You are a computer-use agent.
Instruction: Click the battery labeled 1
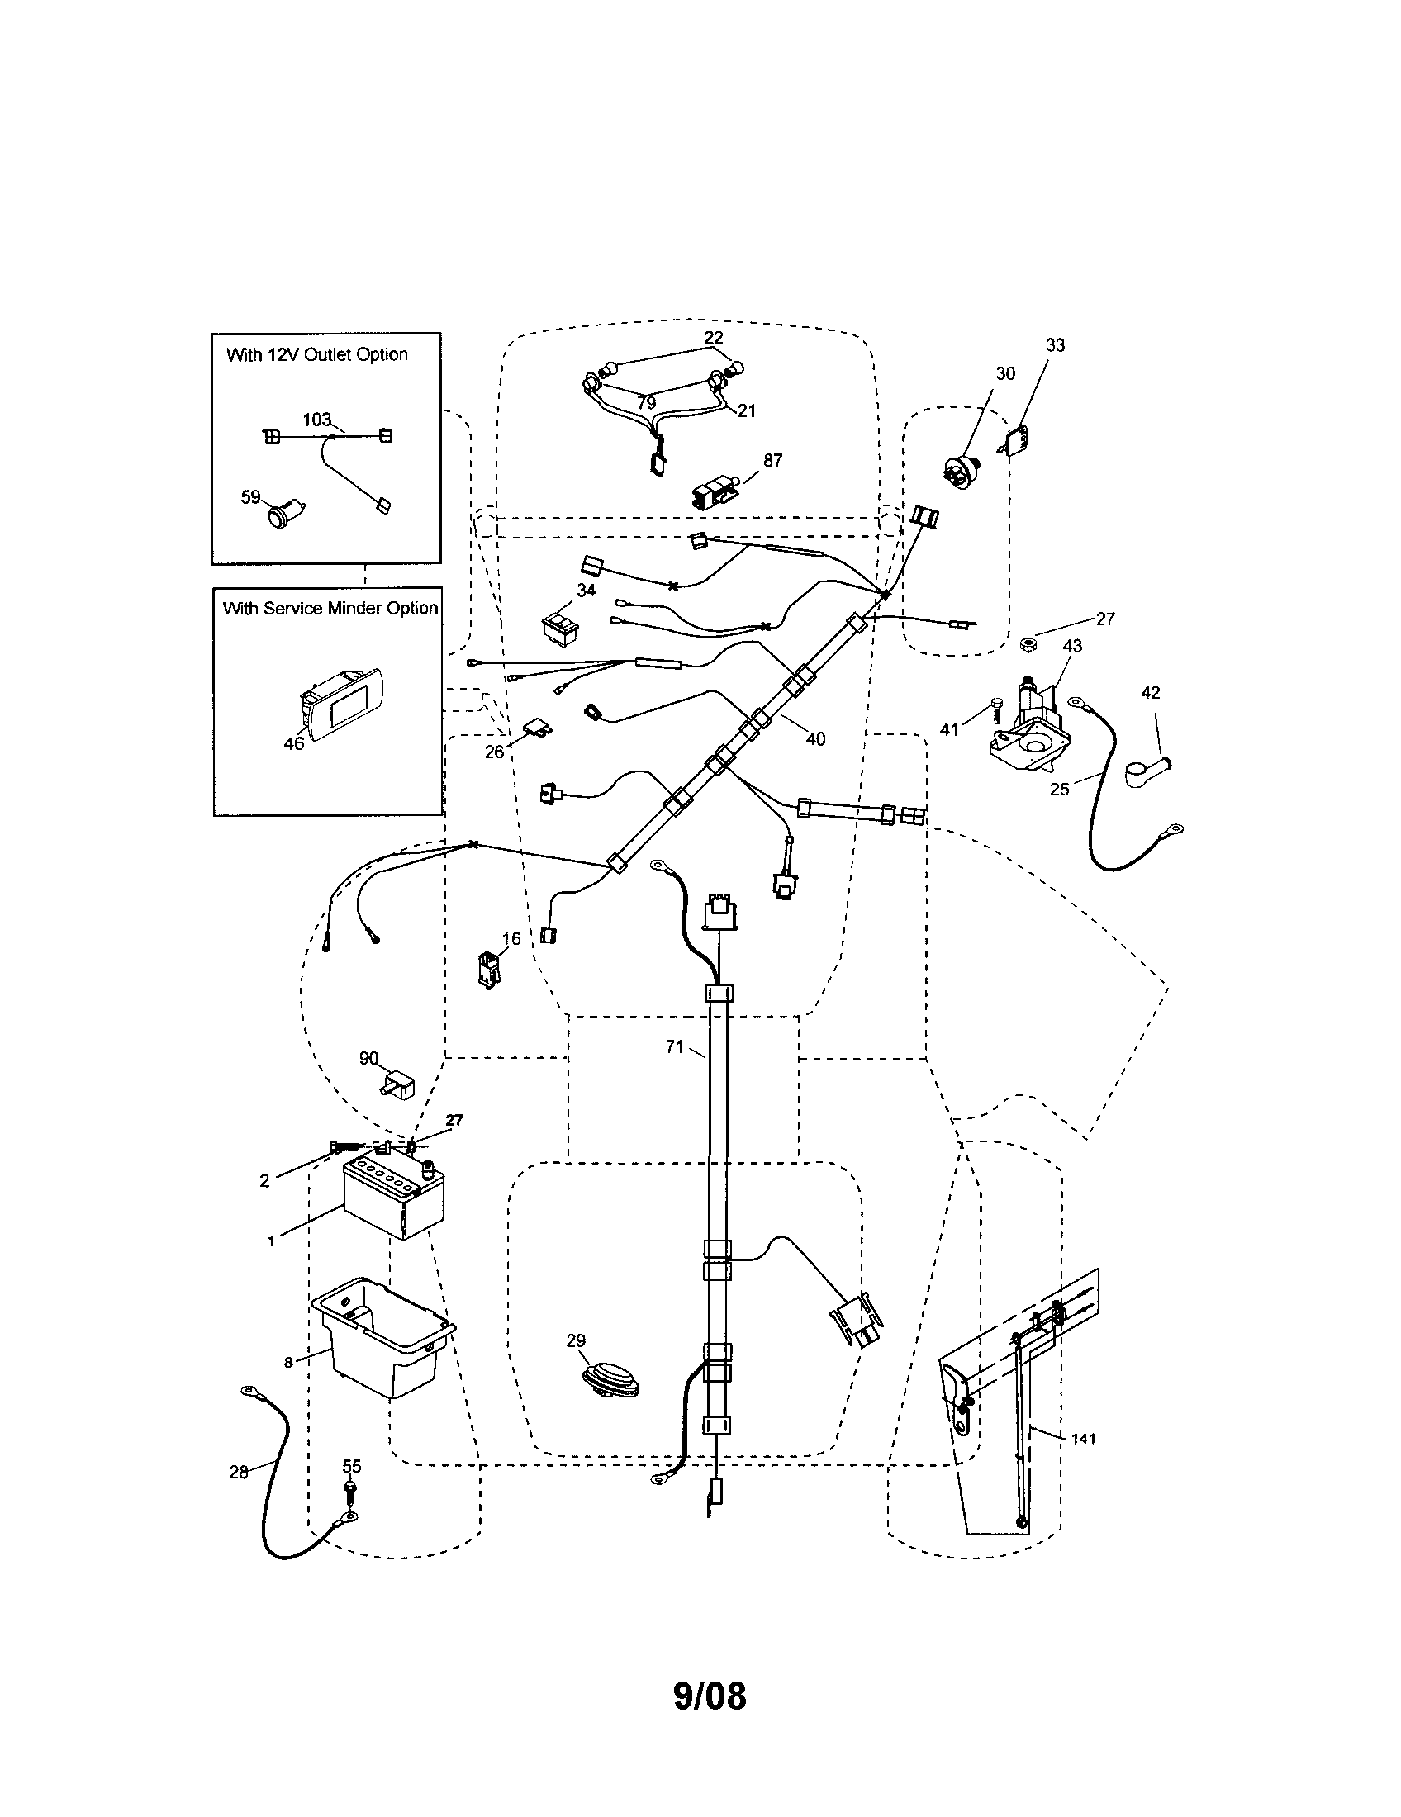pos(393,1198)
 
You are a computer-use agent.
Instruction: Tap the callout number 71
pos(674,1046)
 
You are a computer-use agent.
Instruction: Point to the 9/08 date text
pos(709,1696)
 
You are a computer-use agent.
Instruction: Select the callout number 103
pos(316,420)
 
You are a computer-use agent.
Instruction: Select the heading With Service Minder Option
pos(330,608)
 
